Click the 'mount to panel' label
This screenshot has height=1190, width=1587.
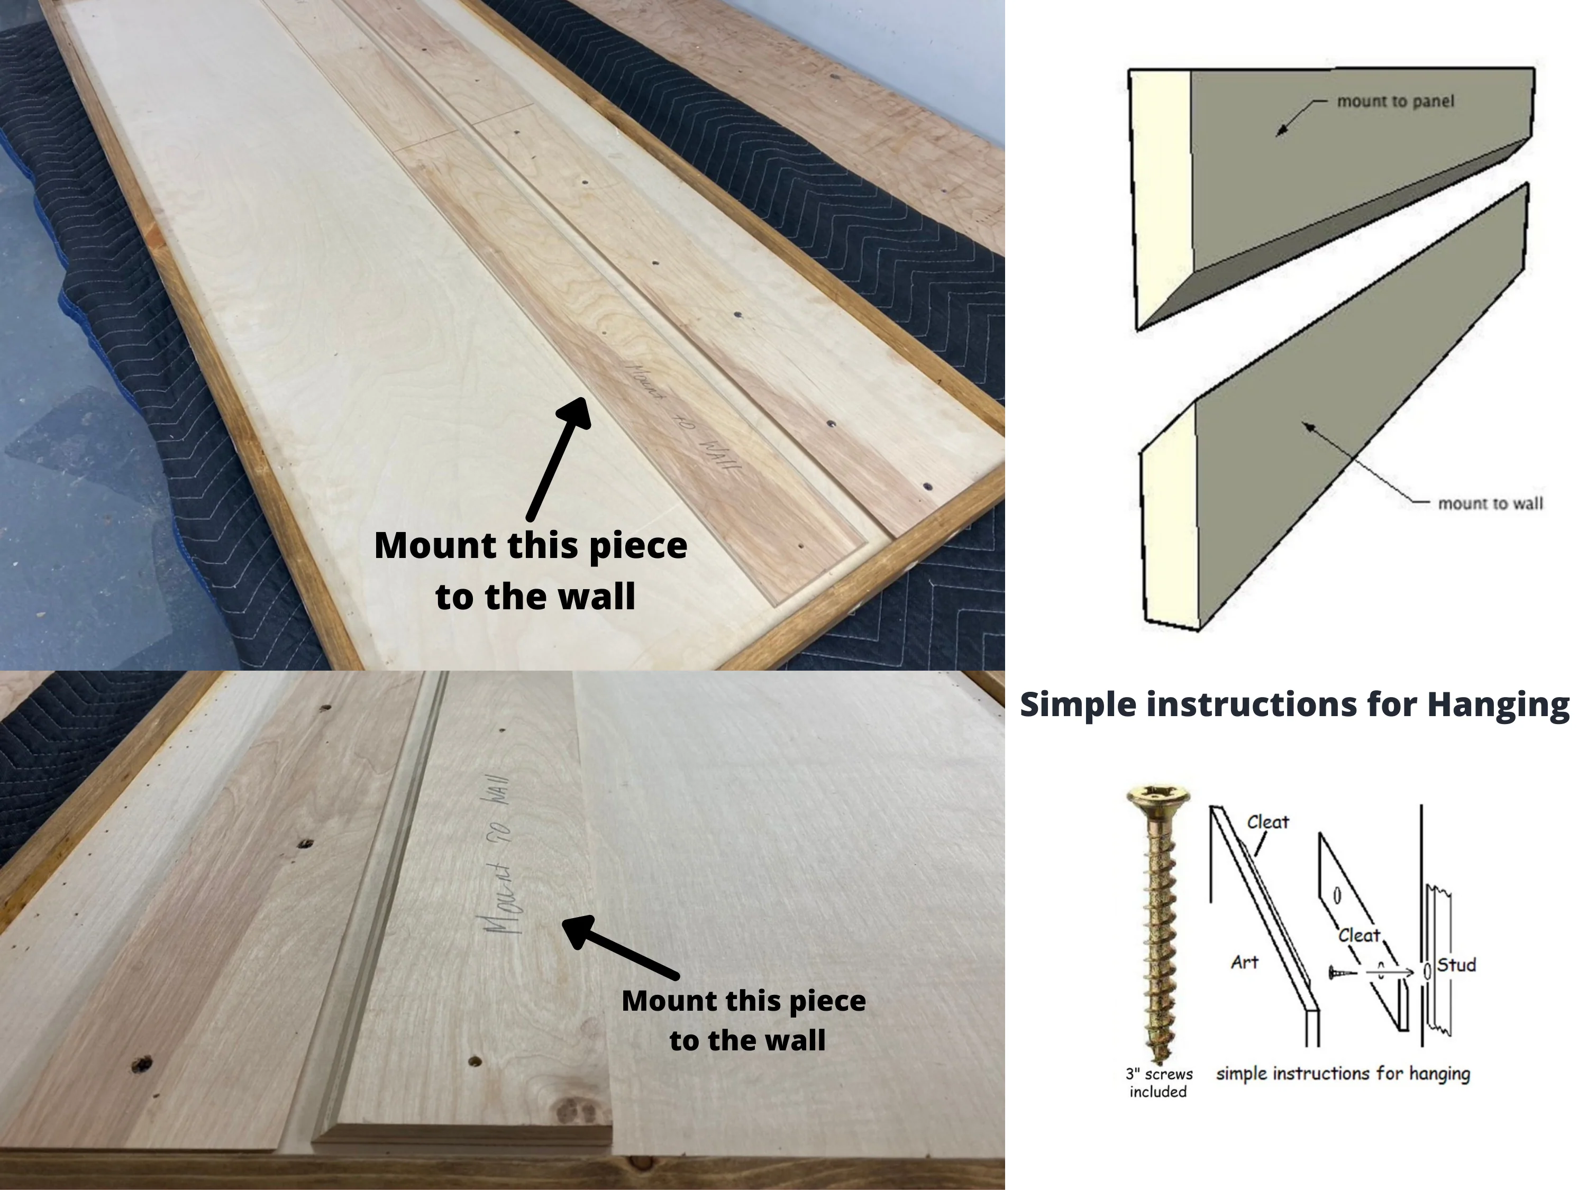pos(1395,101)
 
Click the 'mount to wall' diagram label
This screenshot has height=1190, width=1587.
pos(1490,504)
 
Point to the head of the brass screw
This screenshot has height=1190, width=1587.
pos(1157,795)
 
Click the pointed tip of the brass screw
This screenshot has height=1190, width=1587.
pos(1155,1058)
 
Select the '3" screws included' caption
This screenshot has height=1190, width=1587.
pos(1158,1083)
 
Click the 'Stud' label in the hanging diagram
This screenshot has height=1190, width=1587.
pos(1456,965)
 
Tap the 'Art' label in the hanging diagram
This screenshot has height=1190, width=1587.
pos(1245,963)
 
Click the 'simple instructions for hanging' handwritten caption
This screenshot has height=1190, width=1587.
pos(1343,1073)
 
